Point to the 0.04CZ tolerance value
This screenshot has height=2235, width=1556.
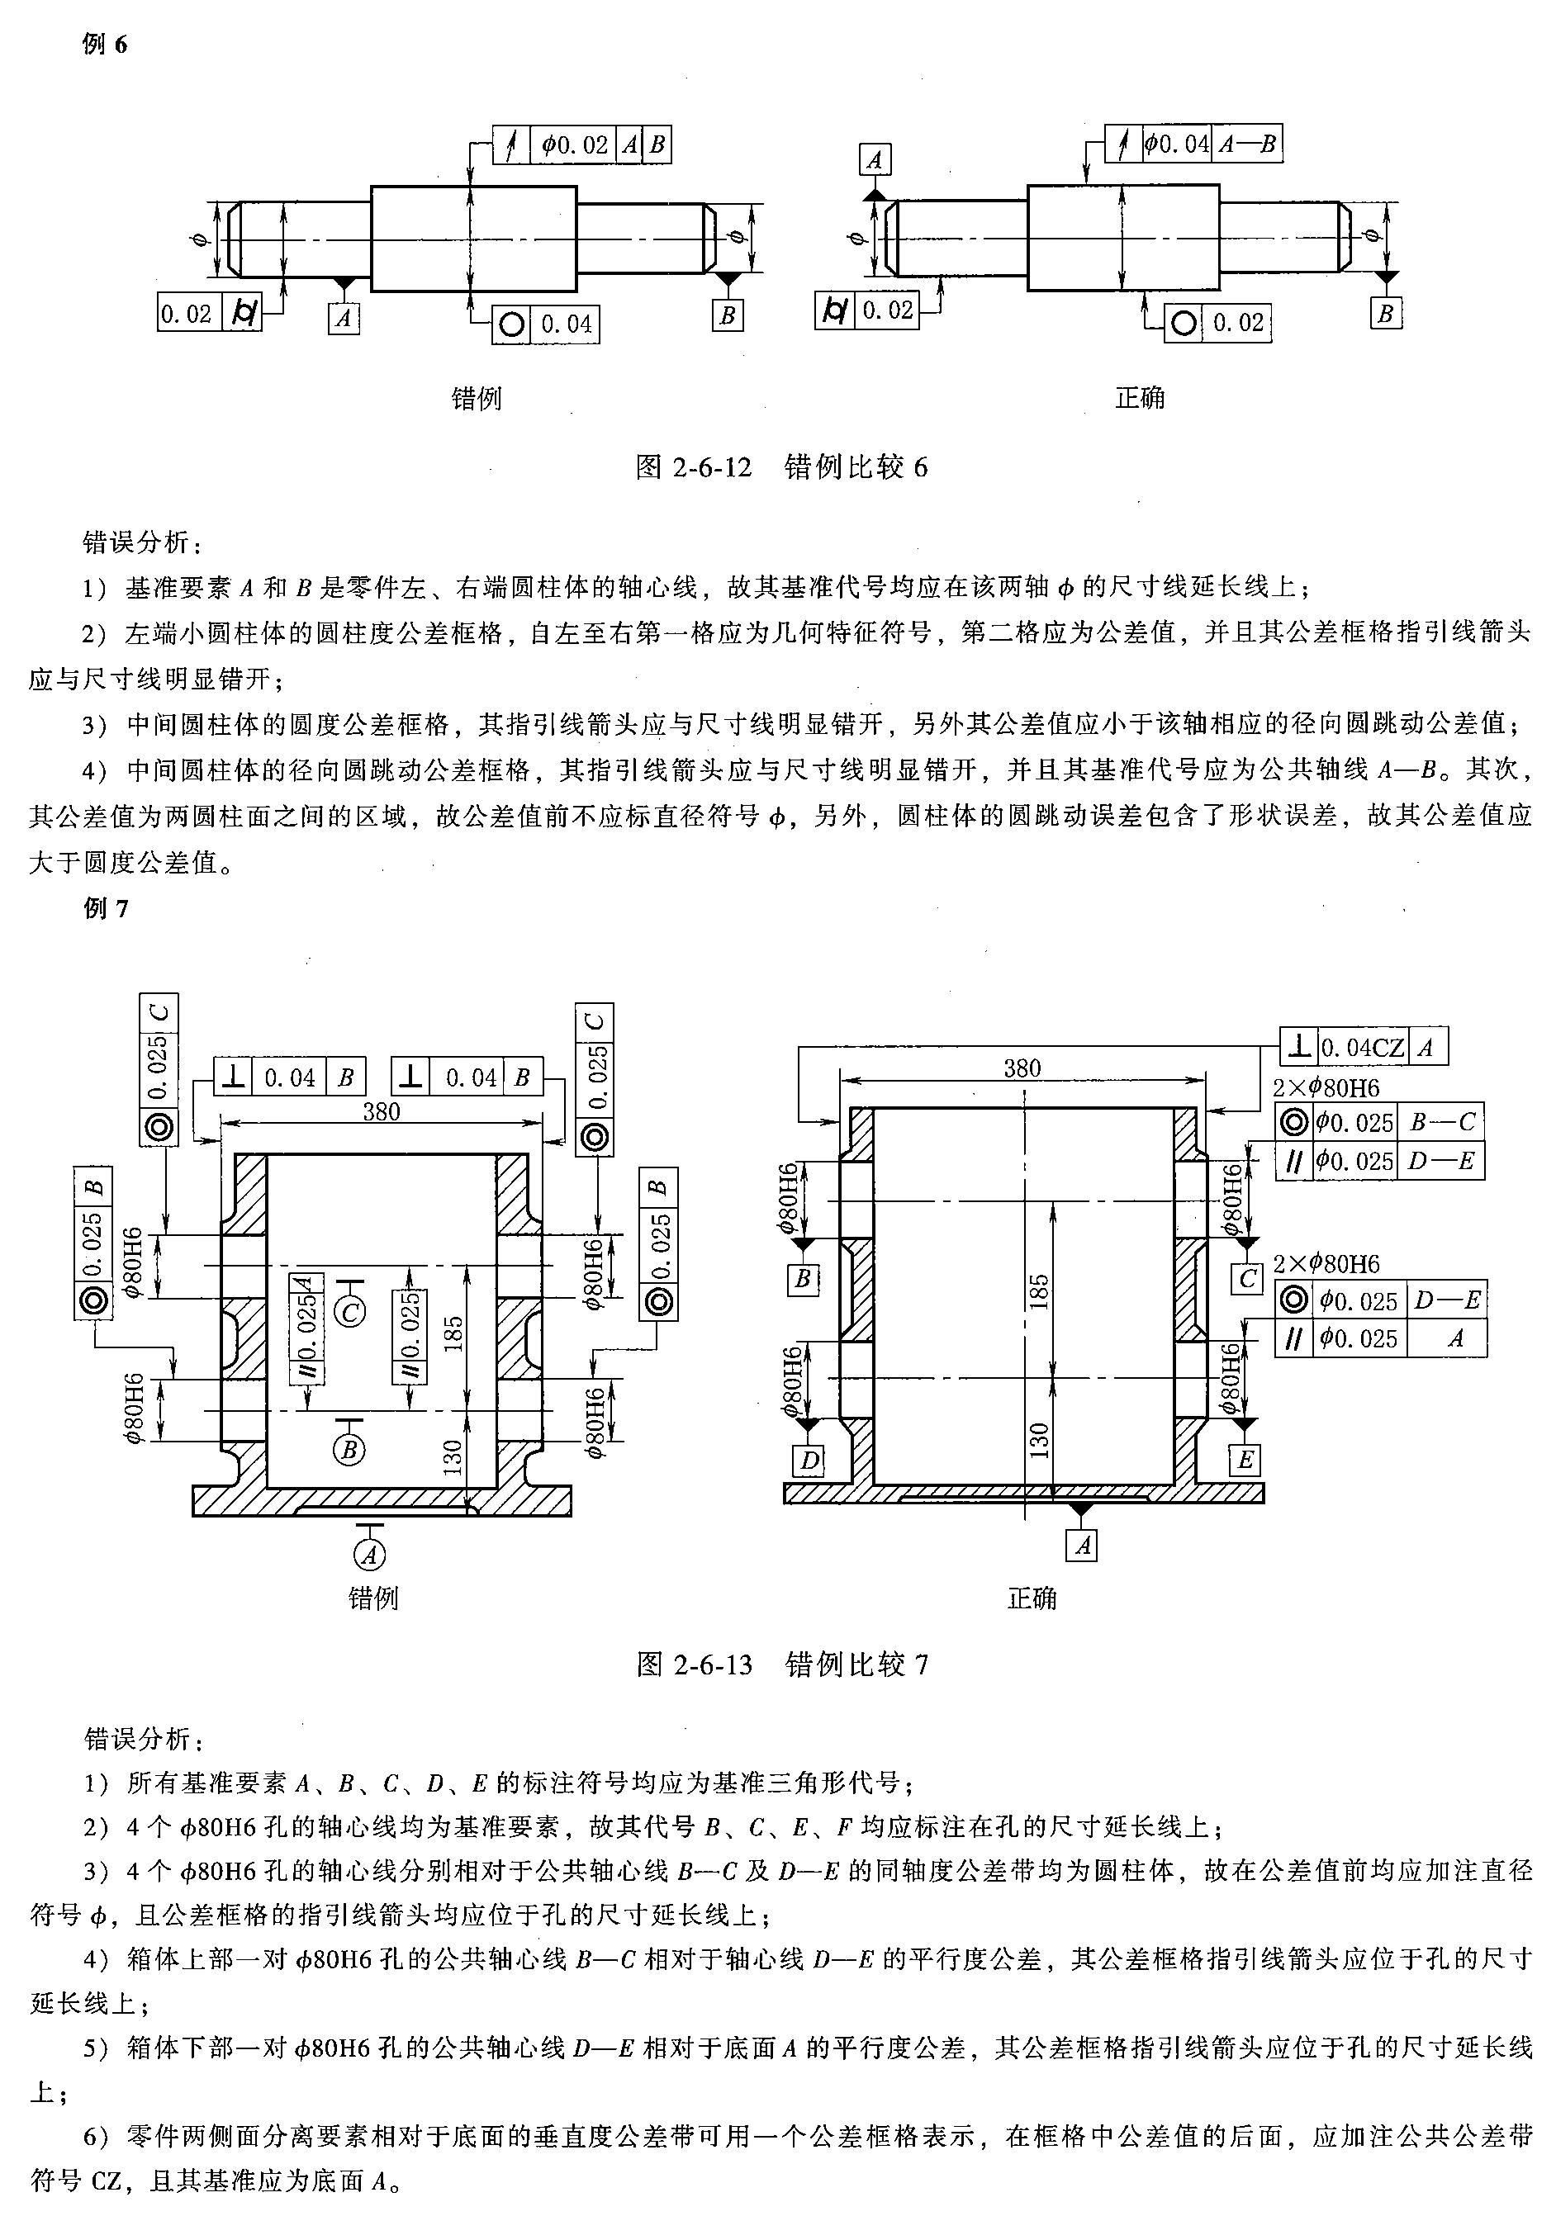coord(1361,1048)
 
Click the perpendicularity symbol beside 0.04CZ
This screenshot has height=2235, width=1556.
coord(1298,1046)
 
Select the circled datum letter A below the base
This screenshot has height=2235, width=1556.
coord(369,1555)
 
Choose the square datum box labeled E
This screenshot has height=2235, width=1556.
coord(1245,1461)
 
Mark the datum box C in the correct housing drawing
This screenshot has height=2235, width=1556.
coord(1247,1278)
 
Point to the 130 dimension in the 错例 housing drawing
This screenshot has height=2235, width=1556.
coord(452,1458)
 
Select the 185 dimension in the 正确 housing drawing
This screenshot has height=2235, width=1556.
coord(1039,1292)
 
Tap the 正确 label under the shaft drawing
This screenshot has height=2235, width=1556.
coord(1139,398)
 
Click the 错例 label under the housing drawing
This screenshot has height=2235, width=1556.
coord(373,1598)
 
